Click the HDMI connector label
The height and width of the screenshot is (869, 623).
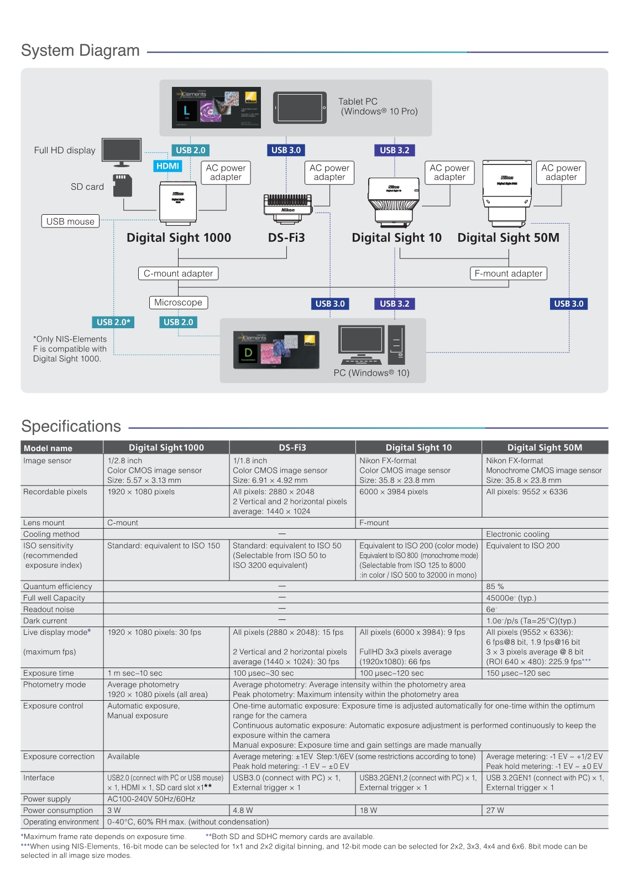point(167,166)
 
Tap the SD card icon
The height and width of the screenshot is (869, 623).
point(122,185)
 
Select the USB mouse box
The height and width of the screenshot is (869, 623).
point(70,221)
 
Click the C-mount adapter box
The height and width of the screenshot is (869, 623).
point(178,273)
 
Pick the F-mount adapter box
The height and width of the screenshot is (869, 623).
point(509,273)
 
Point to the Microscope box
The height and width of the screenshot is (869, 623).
point(178,303)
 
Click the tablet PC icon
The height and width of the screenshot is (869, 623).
point(300,108)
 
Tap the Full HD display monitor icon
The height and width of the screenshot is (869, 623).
point(122,152)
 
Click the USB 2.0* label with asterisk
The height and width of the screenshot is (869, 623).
point(113,322)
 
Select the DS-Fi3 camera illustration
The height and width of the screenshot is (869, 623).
point(288,209)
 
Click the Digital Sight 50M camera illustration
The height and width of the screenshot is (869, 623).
point(507,193)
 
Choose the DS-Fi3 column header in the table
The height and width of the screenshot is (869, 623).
point(292,447)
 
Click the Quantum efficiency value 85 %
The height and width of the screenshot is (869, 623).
point(495,586)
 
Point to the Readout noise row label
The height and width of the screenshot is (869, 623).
point(49,609)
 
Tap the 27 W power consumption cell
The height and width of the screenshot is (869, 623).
point(495,810)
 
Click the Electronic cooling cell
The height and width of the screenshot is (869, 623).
point(517,534)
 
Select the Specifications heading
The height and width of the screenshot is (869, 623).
point(71,426)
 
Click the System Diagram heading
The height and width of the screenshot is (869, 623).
point(80,50)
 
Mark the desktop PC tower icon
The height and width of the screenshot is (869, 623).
point(396,344)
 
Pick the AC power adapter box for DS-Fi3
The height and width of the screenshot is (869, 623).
point(329,173)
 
